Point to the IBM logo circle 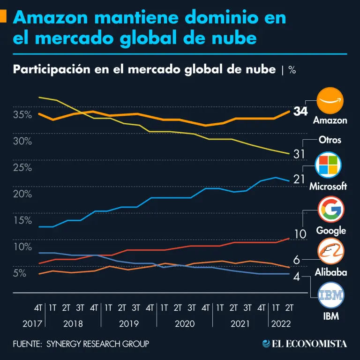click(330, 295)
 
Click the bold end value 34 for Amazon click(300, 112)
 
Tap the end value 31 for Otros click(300, 154)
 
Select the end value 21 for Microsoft click(300, 179)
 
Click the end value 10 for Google click(300, 234)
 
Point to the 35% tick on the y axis click(22, 115)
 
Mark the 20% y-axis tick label click(22, 194)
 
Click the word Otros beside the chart click(330, 140)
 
